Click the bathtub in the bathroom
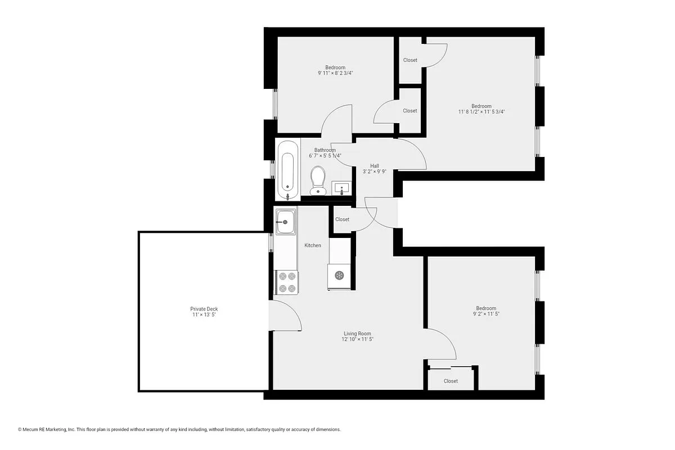(x=287, y=169)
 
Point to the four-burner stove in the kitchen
(x=286, y=282)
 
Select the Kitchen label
(x=313, y=245)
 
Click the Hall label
(x=374, y=166)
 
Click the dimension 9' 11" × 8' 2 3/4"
(x=335, y=73)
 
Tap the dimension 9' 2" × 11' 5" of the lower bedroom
(x=486, y=314)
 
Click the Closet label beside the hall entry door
(x=342, y=219)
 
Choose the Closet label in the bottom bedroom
(x=451, y=381)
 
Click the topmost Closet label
(x=410, y=60)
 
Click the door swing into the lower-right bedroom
(x=442, y=343)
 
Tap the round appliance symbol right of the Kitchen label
(x=339, y=275)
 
